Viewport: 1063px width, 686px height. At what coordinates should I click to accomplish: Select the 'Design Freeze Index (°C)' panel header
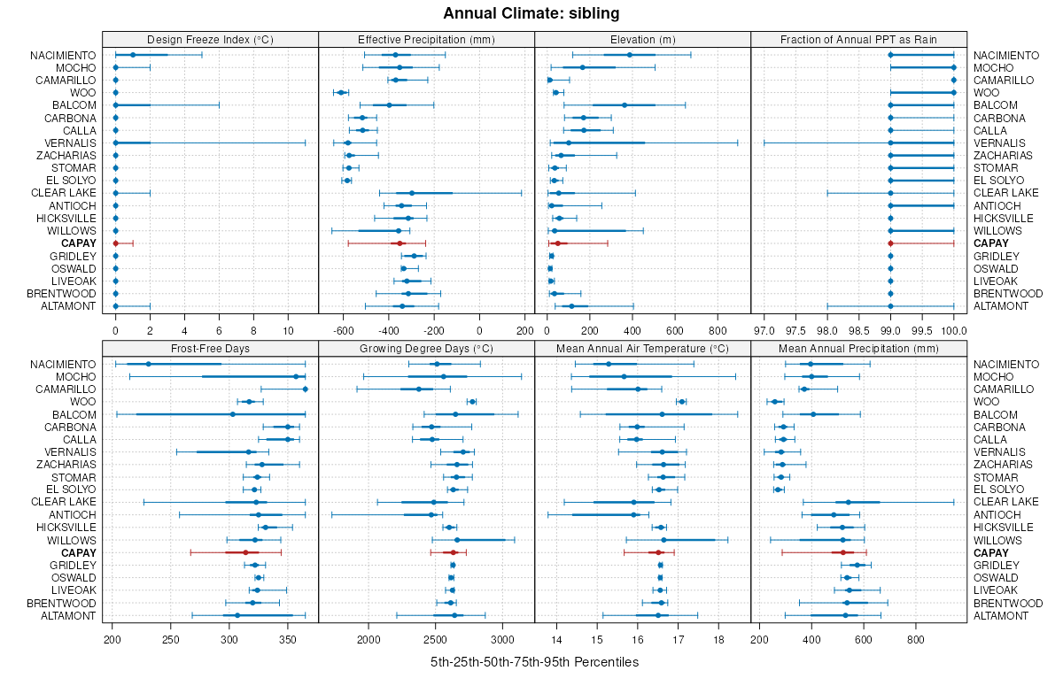(x=210, y=39)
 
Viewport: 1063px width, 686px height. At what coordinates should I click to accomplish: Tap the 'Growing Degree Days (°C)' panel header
(x=426, y=348)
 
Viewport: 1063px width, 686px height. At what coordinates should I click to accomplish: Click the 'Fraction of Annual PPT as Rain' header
(x=858, y=39)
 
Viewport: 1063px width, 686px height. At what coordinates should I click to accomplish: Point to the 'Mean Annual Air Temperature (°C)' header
(x=642, y=348)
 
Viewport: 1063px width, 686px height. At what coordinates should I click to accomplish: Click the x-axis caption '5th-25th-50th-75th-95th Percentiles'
(x=534, y=662)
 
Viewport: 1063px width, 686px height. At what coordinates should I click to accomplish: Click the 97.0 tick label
(x=764, y=330)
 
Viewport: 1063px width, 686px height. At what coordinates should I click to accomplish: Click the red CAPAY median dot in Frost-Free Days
(x=245, y=552)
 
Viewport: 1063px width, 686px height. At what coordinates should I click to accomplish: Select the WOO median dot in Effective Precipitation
(x=340, y=92)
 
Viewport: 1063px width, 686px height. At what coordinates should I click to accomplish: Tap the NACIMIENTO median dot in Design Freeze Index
(x=133, y=55)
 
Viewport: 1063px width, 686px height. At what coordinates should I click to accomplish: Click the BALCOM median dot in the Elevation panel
(x=625, y=105)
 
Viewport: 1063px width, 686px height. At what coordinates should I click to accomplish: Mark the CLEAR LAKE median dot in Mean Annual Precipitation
(x=848, y=502)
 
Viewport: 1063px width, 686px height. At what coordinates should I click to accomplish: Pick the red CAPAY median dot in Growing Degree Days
(x=454, y=552)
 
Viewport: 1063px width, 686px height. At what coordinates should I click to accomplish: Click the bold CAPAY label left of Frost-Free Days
(x=79, y=552)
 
